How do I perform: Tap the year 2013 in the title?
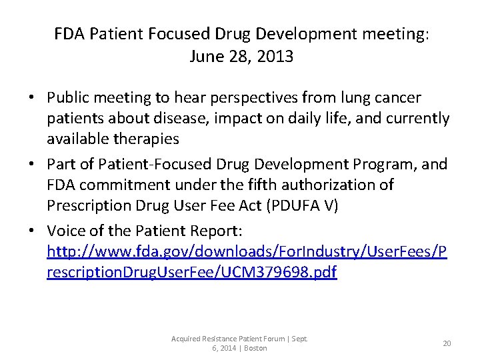coord(275,57)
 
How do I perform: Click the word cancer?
coord(400,99)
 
